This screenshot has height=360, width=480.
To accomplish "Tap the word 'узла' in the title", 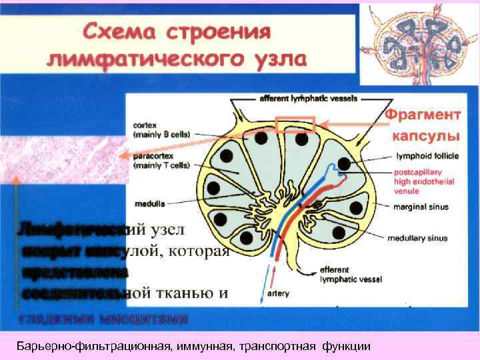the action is click(x=271, y=58).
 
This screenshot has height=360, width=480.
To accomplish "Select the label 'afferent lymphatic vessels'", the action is click(x=308, y=98).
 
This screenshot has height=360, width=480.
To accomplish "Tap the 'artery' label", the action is click(x=277, y=292).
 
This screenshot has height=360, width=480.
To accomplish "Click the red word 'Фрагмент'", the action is click(x=423, y=114).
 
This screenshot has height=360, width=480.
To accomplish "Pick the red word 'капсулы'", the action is click(x=425, y=135).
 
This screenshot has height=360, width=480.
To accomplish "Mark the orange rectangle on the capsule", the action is click(x=295, y=125).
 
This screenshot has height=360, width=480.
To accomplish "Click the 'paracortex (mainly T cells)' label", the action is click(x=161, y=161).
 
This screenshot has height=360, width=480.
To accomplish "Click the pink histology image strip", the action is click(x=60, y=154).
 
